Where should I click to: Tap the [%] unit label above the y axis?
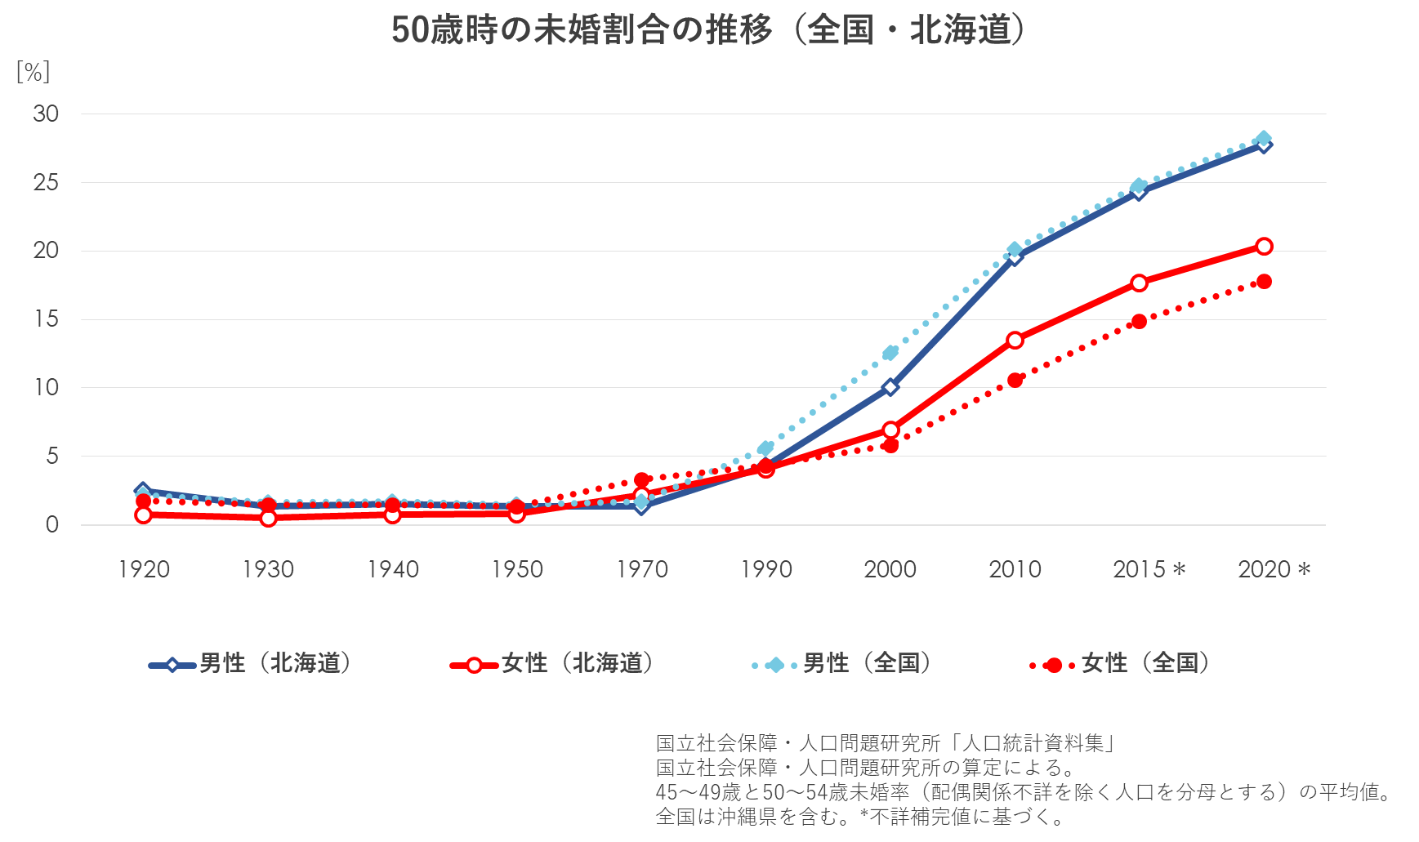pyautogui.click(x=33, y=73)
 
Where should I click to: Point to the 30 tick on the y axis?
pyautogui.click(x=46, y=114)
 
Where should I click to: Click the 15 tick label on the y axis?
pyautogui.click(x=46, y=319)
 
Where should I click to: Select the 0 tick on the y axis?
pyautogui.click(x=52, y=525)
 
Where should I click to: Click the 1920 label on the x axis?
pyautogui.click(x=144, y=569)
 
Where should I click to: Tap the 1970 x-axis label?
pyautogui.click(x=642, y=569)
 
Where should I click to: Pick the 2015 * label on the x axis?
pyautogui.click(x=1149, y=569)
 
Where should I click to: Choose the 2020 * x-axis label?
pyautogui.click(x=1274, y=569)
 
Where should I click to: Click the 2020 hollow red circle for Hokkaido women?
pyautogui.click(x=1264, y=247)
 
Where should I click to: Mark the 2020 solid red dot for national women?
pyautogui.click(x=1264, y=282)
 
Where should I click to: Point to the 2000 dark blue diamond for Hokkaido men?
pyautogui.click(x=890, y=387)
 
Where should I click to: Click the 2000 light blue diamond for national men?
pyautogui.click(x=890, y=353)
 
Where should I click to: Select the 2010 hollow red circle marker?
pyautogui.click(x=1015, y=340)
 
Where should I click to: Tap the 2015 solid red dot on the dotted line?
pyautogui.click(x=1139, y=322)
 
